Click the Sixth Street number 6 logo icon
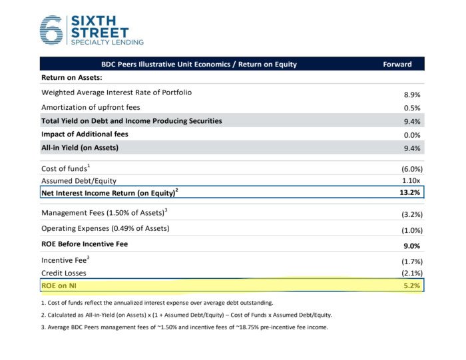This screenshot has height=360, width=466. pos(51,30)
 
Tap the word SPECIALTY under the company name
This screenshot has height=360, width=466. pos(89,42)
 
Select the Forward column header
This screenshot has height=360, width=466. pos(397,65)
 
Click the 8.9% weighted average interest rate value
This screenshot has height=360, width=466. pos(411,94)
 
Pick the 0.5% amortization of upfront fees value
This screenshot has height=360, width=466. pos(411,108)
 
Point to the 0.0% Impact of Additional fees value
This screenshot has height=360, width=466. pos(411,134)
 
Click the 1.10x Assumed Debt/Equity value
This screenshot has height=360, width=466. pos(410,181)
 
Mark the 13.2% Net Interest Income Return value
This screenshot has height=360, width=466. pos(409,193)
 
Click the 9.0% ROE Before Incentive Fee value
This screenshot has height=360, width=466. pos(411,246)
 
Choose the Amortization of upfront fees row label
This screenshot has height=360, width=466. pos(91,107)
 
